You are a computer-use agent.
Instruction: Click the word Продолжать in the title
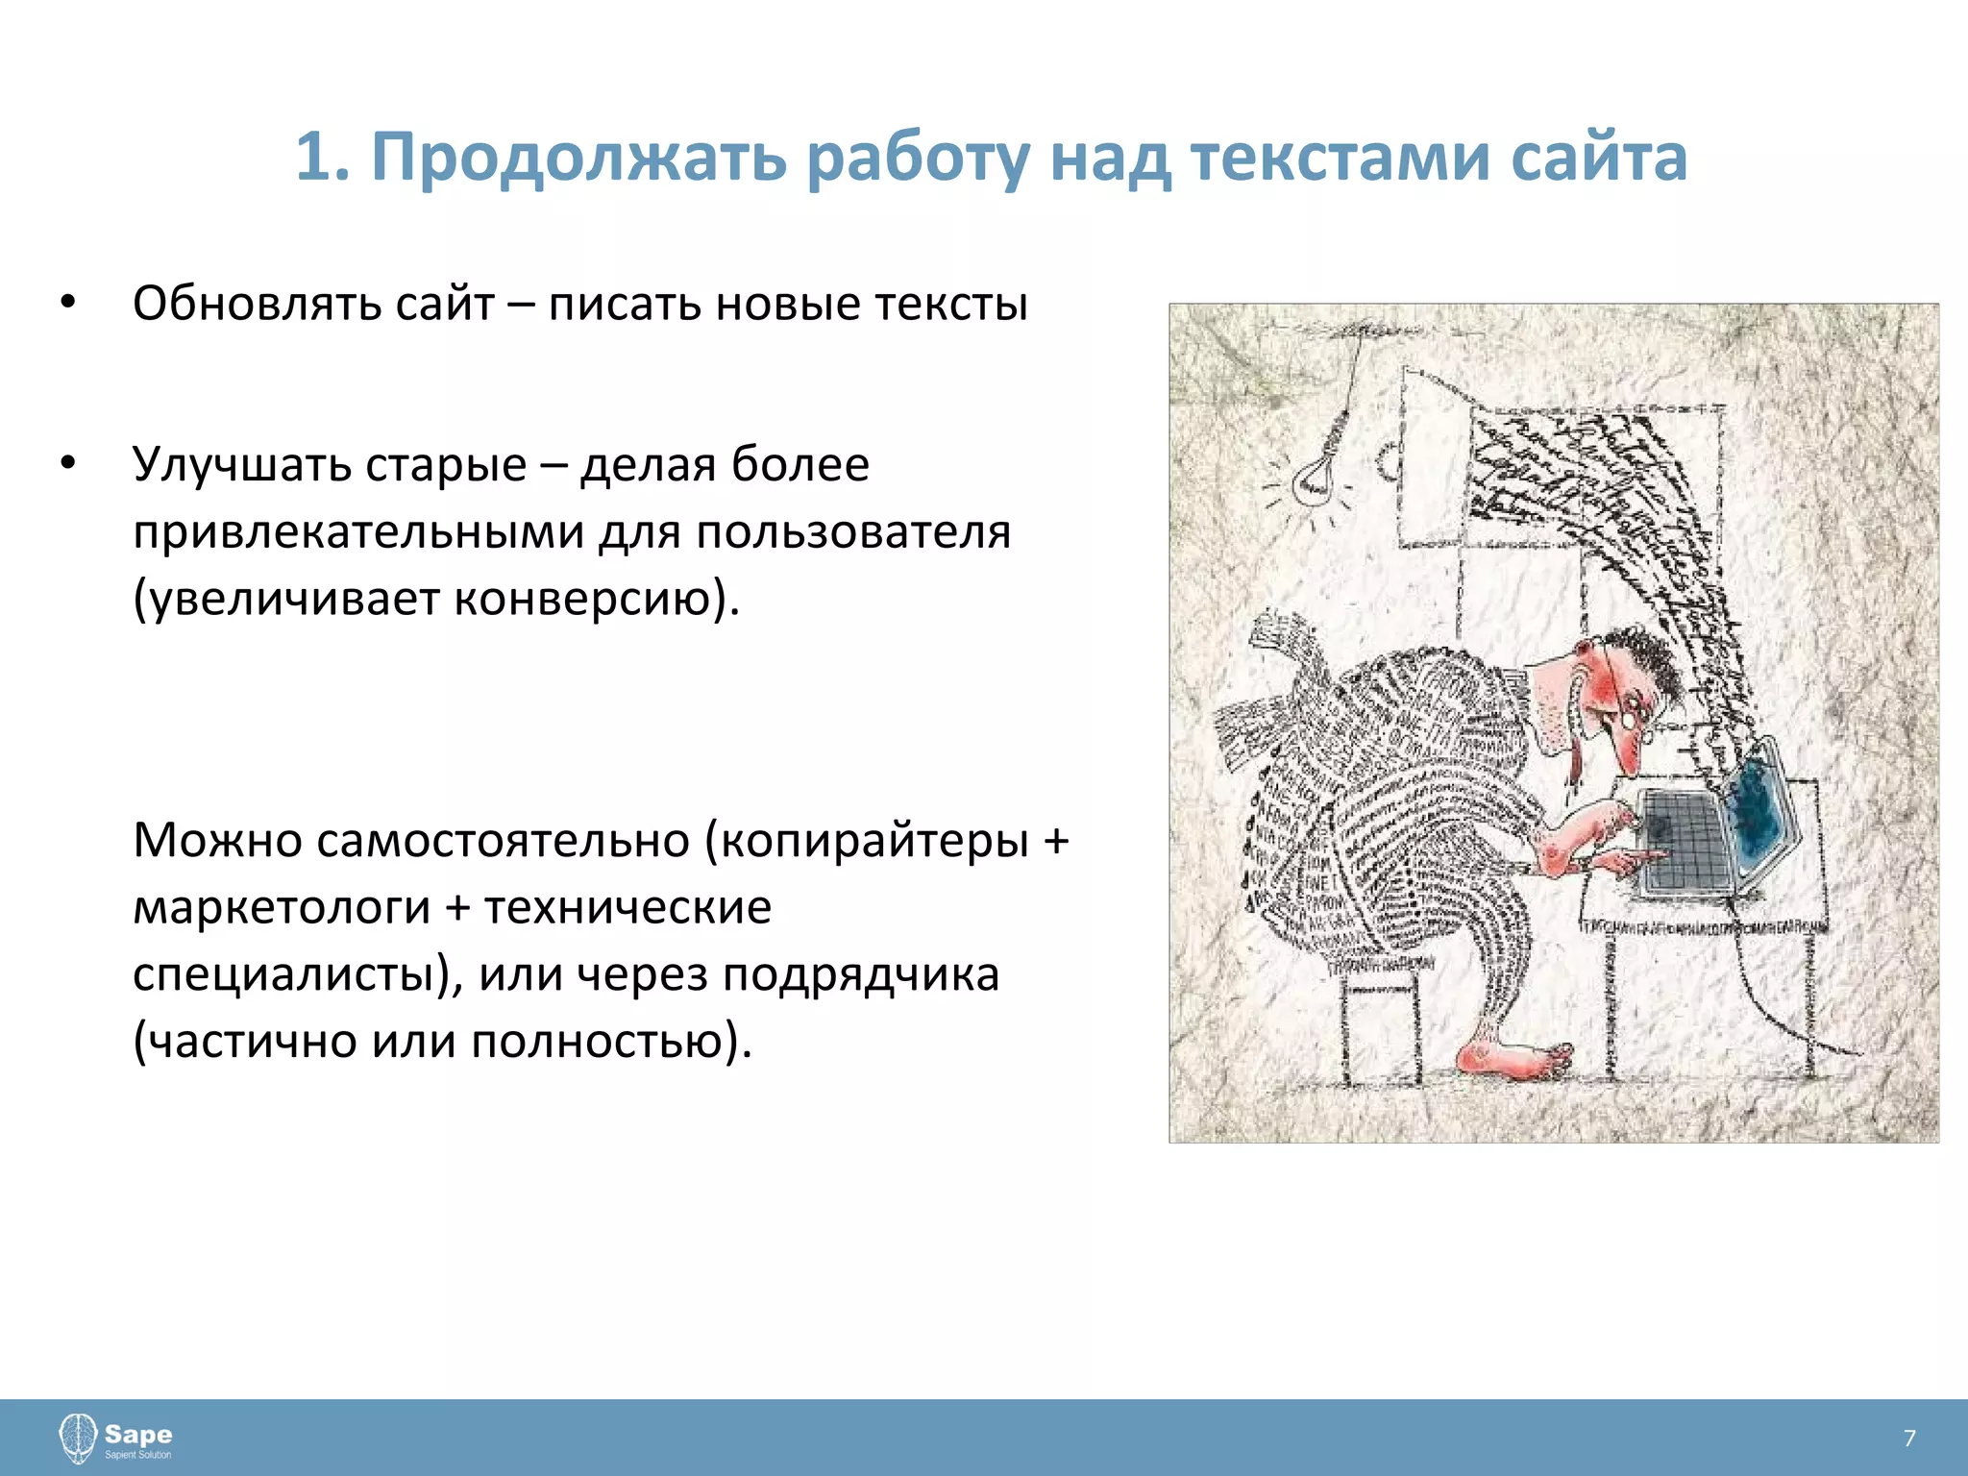[578, 157]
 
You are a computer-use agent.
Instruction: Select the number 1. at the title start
[322, 157]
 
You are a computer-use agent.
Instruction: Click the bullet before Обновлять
[66, 303]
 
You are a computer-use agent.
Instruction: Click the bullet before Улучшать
[66, 463]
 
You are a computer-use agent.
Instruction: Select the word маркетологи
[282, 907]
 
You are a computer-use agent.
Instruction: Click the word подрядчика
[860, 973]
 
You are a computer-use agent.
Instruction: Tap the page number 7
[1908, 1438]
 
